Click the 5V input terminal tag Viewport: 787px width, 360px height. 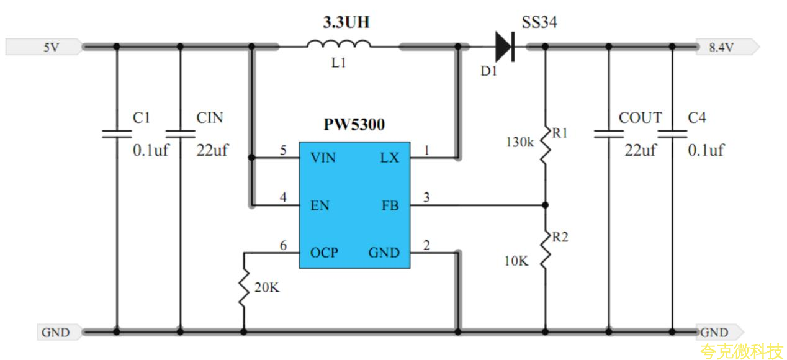[43, 47]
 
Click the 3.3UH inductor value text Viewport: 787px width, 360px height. [346, 23]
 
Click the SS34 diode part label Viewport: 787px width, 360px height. [539, 23]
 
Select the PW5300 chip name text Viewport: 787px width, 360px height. [354, 125]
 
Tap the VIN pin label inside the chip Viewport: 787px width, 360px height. [323, 158]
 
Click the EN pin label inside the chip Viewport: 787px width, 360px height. [320, 205]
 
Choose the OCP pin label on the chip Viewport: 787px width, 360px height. [324, 253]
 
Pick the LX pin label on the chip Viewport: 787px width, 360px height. [389, 158]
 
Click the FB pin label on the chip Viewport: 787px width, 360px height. [390, 205]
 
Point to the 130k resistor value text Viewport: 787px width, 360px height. [519, 142]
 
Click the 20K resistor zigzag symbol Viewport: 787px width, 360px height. [243, 287]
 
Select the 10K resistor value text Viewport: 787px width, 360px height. [516, 261]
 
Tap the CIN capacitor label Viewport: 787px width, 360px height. [209, 118]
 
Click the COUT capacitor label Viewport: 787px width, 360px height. [640, 118]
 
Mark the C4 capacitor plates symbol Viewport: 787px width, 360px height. [672, 133]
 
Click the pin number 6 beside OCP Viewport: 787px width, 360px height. [283, 246]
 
